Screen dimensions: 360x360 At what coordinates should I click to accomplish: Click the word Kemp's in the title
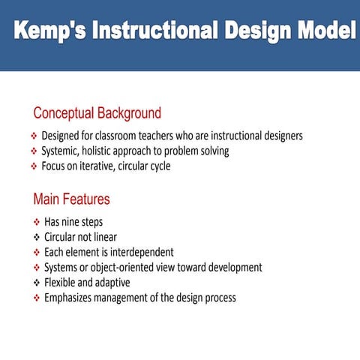(53, 31)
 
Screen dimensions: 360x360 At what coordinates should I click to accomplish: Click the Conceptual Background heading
(97, 114)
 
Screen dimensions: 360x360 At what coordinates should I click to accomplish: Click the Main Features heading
(71, 199)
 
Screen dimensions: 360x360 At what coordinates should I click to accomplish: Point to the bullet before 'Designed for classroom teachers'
(34, 136)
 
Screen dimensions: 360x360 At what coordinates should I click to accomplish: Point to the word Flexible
(61, 283)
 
